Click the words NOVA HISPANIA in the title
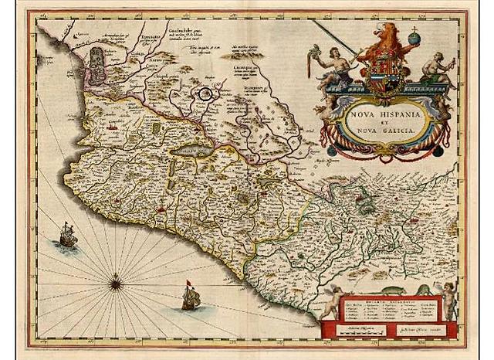click(385, 113)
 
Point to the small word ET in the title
click(386, 121)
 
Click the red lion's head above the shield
click(386, 34)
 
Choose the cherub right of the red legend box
click(448, 298)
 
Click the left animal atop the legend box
click(363, 290)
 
